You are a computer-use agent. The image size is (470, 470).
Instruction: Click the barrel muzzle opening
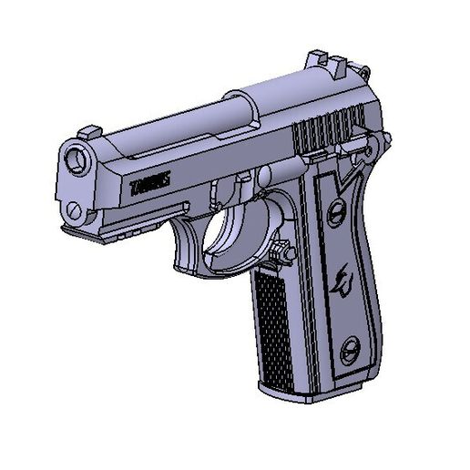(77, 161)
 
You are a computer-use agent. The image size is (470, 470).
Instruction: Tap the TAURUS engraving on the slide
(150, 185)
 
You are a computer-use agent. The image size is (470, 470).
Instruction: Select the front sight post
(88, 133)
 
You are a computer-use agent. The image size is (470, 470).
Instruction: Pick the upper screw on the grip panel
(335, 212)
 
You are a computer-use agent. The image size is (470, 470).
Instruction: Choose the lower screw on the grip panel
(349, 352)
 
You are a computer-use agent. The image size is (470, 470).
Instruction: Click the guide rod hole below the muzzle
(75, 211)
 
